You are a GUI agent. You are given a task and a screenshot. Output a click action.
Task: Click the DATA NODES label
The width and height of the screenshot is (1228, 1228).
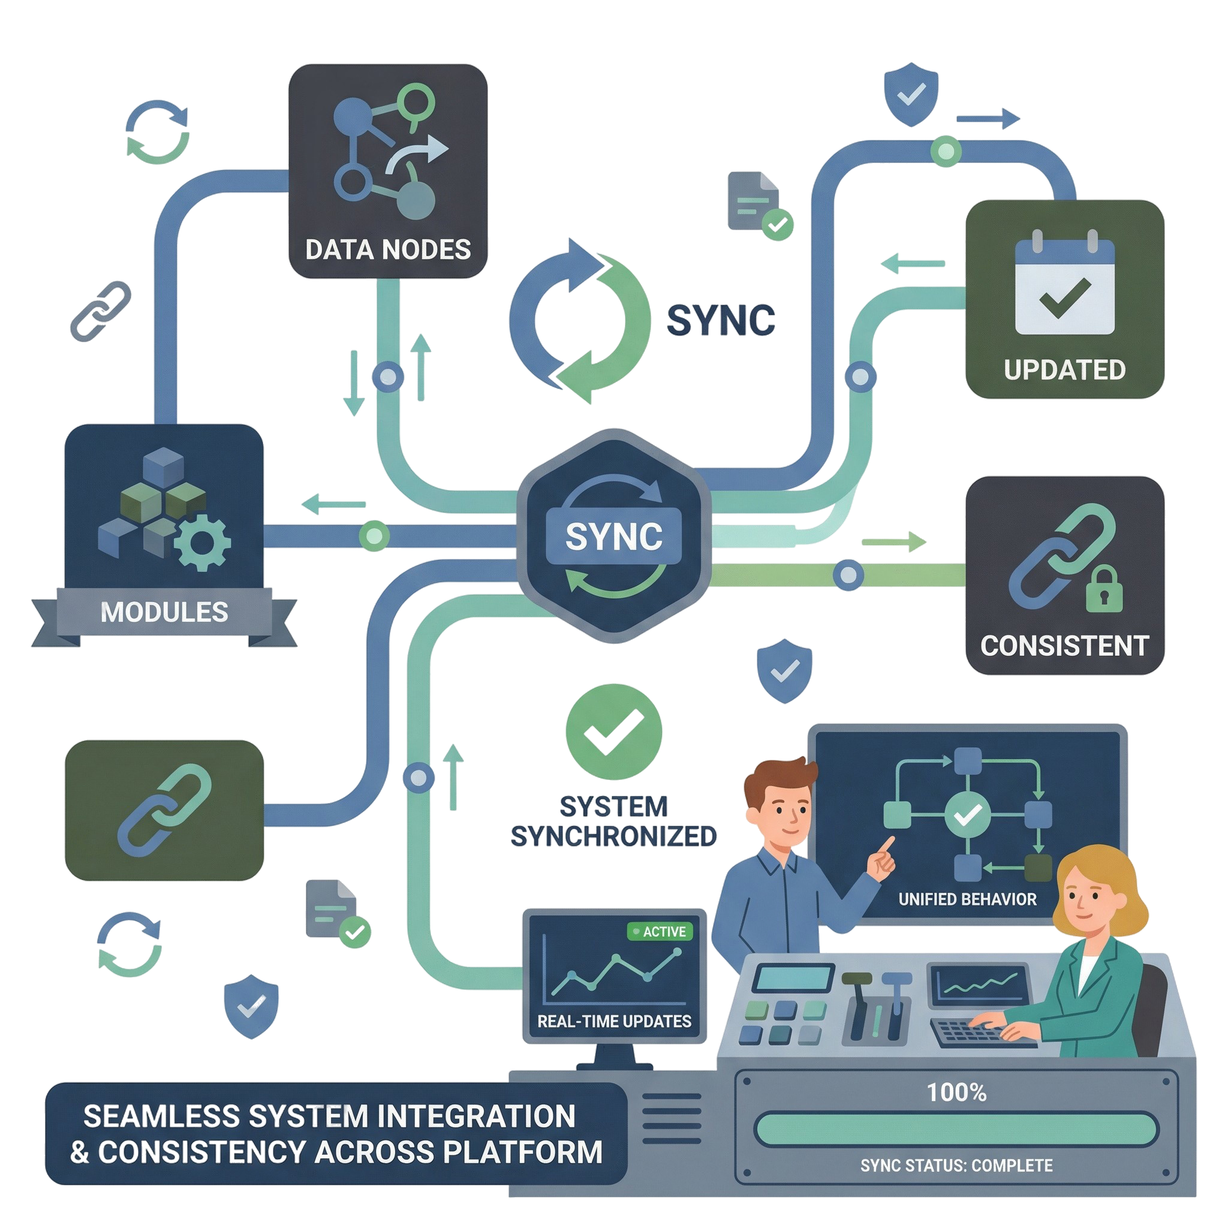click(x=388, y=250)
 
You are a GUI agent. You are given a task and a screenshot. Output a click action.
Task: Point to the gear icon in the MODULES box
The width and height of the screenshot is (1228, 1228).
click(x=201, y=543)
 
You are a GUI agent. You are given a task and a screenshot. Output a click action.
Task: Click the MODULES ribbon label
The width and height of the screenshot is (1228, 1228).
click(x=164, y=612)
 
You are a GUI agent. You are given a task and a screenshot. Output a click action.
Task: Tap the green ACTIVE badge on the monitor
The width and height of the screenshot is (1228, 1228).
click(x=660, y=932)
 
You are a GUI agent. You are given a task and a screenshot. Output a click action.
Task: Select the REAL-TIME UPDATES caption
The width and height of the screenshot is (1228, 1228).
click(x=614, y=1021)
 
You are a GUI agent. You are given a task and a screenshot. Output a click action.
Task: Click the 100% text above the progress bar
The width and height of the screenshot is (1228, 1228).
click(x=956, y=1092)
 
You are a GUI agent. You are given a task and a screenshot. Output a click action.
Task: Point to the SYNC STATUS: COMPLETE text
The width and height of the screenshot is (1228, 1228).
click(x=956, y=1165)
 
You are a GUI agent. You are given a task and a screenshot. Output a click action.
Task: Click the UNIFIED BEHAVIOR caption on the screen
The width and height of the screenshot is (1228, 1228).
click(x=967, y=899)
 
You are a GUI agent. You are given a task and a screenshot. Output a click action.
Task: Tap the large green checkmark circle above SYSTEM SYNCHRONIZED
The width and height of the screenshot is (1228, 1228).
click(x=613, y=732)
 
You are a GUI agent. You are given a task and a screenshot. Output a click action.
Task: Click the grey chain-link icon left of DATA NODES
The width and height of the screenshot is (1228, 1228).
click(x=100, y=311)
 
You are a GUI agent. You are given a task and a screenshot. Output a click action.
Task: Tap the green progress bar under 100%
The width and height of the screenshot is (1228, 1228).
click(x=956, y=1130)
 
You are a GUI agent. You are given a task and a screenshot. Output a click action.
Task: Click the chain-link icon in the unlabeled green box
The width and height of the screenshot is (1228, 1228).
click(x=164, y=809)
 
